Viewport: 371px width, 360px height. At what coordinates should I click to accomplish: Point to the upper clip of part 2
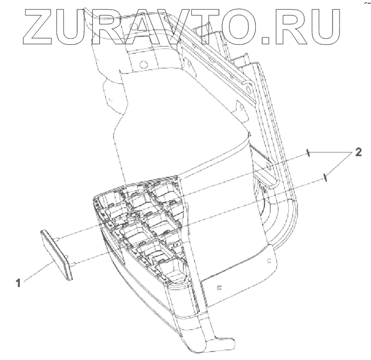click(x=309, y=154)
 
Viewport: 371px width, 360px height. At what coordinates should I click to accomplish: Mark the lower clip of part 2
click(x=325, y=177)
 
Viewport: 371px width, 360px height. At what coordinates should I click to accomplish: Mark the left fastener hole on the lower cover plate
click(x=219, y=288)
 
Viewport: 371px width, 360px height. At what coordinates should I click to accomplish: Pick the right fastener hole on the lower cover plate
click(x=270, y=260)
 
